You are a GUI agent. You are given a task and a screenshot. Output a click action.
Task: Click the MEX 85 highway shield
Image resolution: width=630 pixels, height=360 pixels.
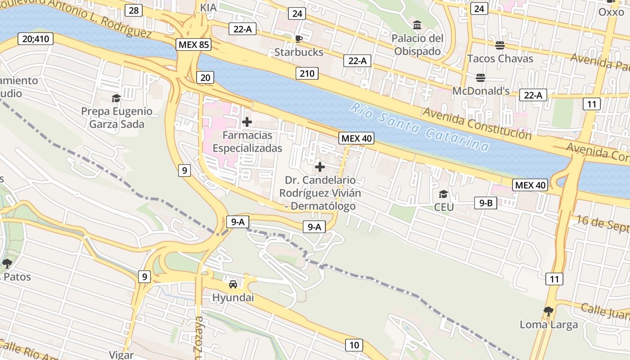pyautogui.click(x=193, y=45)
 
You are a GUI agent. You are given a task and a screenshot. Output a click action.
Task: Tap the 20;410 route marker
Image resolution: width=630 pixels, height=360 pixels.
pyautogui.click(x=36, y=39)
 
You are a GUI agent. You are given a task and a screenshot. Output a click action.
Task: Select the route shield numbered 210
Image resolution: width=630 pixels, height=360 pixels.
pyautogui.click(x=307, y=73)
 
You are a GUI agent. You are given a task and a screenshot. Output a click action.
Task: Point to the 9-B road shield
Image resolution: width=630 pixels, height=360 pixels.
pyautogui.click(x=486, y=203)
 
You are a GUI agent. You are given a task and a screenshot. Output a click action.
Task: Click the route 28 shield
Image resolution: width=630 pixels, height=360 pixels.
pyautogui.click(x=133, y=10)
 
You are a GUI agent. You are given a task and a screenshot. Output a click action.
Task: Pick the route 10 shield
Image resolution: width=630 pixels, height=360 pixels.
pyautogui.click(x=354, y=345)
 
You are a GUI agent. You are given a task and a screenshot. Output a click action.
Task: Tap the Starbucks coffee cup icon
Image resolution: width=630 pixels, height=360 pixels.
pyautogui.click(x=298, y=39)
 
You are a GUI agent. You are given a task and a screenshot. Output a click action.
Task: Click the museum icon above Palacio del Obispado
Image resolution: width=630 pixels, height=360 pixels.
pyautogui.click(x=417, y=25)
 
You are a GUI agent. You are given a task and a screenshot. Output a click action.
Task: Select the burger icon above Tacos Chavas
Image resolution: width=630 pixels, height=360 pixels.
pyautogui.click(x=499, y=45)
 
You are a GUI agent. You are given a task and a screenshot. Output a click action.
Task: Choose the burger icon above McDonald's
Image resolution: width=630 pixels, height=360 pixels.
pyautogui.click(x=480, y=77)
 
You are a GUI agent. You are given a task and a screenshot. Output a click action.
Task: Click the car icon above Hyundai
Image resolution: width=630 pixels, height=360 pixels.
pyautogui.click(x=233, y=284)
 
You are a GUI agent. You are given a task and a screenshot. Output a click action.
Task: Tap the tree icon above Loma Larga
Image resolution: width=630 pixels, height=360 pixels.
pyautogui.click(x=548, y=310)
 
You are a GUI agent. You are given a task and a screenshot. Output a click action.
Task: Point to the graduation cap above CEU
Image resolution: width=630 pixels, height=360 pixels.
pyautogui.click(x=443, y=194)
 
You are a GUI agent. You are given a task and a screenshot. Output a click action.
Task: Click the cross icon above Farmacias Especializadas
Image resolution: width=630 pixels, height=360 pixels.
pyautogui.click(x=247, y=121)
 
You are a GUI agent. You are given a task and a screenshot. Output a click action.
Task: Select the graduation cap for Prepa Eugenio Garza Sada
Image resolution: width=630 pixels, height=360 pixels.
pyautogui.click(x=117, y=98)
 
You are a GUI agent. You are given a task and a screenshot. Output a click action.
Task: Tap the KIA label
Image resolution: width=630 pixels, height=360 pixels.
pyautogui.click(x=208, y=8)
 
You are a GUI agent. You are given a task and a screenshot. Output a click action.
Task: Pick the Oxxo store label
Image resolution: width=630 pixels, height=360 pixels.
pyautogui.click(x=611, y=12)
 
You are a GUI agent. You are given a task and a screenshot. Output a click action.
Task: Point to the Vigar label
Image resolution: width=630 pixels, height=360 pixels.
pyautogui.click(x=121, y=355)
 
